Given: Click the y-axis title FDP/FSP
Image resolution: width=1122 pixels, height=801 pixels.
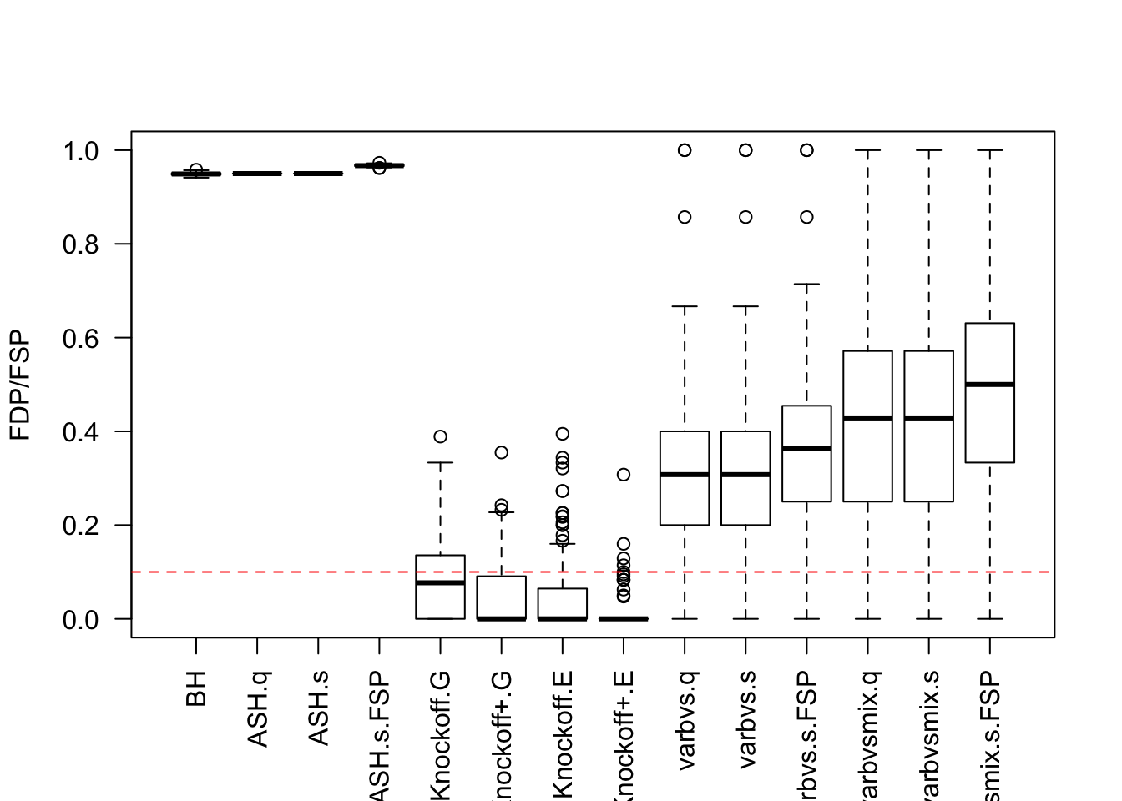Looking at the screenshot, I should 20,385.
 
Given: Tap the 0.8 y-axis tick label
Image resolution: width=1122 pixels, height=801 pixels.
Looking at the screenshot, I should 81,244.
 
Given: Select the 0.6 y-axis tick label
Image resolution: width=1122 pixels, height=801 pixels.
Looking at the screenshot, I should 81,338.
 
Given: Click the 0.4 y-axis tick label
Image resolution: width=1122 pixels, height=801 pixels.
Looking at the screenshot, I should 81,432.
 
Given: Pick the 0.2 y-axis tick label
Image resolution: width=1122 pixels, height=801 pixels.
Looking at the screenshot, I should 81,526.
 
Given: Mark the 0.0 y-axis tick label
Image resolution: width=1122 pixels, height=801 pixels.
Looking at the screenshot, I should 81,619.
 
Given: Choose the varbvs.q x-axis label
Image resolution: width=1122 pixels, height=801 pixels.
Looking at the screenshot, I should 685,719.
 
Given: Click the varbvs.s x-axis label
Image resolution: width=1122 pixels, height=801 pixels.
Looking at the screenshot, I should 745,719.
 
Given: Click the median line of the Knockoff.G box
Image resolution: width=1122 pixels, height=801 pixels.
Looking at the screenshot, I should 440,582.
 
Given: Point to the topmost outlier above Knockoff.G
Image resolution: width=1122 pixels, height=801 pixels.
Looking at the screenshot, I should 440,436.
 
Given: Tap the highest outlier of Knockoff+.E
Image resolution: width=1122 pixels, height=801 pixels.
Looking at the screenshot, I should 624,475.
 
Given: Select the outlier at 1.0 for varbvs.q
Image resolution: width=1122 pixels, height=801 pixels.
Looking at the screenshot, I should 685,150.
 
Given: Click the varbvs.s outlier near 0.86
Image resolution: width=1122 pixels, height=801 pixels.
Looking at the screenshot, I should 745,217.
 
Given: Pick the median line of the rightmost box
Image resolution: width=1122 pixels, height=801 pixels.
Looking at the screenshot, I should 989,385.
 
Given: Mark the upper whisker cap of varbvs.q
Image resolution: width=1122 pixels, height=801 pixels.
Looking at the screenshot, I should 685,306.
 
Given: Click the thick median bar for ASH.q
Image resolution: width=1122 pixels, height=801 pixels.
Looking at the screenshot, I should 257,174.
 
